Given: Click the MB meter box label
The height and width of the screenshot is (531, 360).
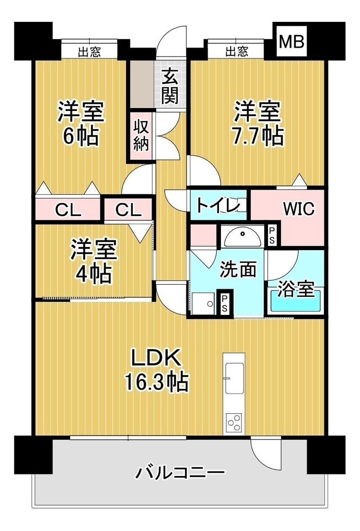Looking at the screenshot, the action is pos(291,42).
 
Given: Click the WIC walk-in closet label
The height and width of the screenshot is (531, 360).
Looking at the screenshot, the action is pos(298,209).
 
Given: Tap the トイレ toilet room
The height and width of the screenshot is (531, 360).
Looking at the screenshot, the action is pos(218,205).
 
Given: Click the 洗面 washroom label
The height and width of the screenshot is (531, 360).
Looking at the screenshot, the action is pos(238,270).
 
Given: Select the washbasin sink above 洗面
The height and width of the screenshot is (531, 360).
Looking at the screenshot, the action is pos(242,237).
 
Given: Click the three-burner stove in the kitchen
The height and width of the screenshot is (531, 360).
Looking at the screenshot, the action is pos(234,422).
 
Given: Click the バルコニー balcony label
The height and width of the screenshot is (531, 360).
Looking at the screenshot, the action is pos(180,472).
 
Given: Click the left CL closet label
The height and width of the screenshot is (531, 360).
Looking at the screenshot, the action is pos(68,211).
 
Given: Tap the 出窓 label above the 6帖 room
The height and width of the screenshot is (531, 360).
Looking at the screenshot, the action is pos(90,52).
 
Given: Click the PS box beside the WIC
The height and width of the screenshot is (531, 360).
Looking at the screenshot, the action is pos(272,235).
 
